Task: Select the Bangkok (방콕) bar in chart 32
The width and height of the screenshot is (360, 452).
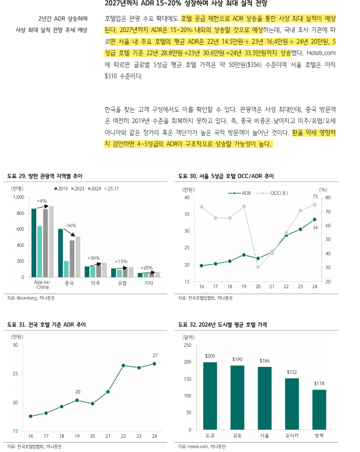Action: coord(319,409)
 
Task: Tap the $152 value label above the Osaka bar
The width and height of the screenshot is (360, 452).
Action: coord(292,372)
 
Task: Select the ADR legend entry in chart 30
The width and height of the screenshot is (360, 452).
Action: coord(238,193)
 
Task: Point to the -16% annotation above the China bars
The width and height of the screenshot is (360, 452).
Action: coord(70,225)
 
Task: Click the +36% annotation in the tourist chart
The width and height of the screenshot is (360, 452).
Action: coord(93,258)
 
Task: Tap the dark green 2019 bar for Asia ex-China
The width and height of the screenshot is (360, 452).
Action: coord(34,243)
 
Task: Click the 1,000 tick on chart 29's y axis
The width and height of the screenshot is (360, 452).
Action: coord(19,197)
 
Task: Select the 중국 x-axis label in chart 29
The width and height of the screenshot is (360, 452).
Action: coord(69,283)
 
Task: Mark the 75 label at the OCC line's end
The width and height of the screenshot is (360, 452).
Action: coord(315,197)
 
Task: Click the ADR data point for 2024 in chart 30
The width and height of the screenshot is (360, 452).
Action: coord(314,219)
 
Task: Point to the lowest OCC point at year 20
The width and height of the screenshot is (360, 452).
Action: coord(258,267)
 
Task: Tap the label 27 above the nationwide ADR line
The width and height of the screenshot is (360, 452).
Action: coord(155,355)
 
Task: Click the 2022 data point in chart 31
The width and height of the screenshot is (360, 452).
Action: coord(123,365)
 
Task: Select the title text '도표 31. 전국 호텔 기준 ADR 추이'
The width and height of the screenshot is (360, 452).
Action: coord(46,325)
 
